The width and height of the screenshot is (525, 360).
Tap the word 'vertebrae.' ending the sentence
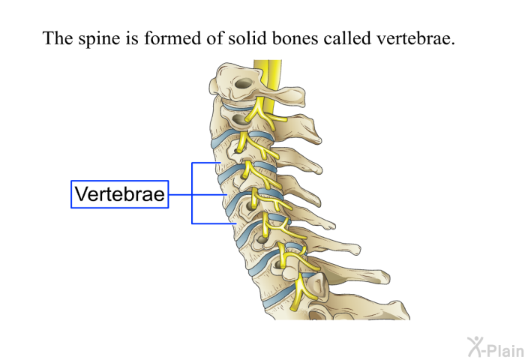click(x=415, y=38)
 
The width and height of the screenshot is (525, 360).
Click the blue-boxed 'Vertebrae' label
click(x=119, y=194)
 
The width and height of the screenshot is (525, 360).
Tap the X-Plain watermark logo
click(x=496, y=347)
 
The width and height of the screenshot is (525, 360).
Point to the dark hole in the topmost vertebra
click(x=244, y=83)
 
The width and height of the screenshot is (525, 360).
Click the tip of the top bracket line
click(x=220, y=163)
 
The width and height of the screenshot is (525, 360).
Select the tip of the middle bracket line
click(x=227, y=194)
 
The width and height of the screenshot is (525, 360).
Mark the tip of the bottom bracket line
click(x=236, y=223)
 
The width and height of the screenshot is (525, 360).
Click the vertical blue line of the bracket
click(x=192, y=193)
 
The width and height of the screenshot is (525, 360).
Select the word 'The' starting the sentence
click(x=58, y=37)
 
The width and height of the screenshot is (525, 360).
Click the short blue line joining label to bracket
click(x=180, y=194)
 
